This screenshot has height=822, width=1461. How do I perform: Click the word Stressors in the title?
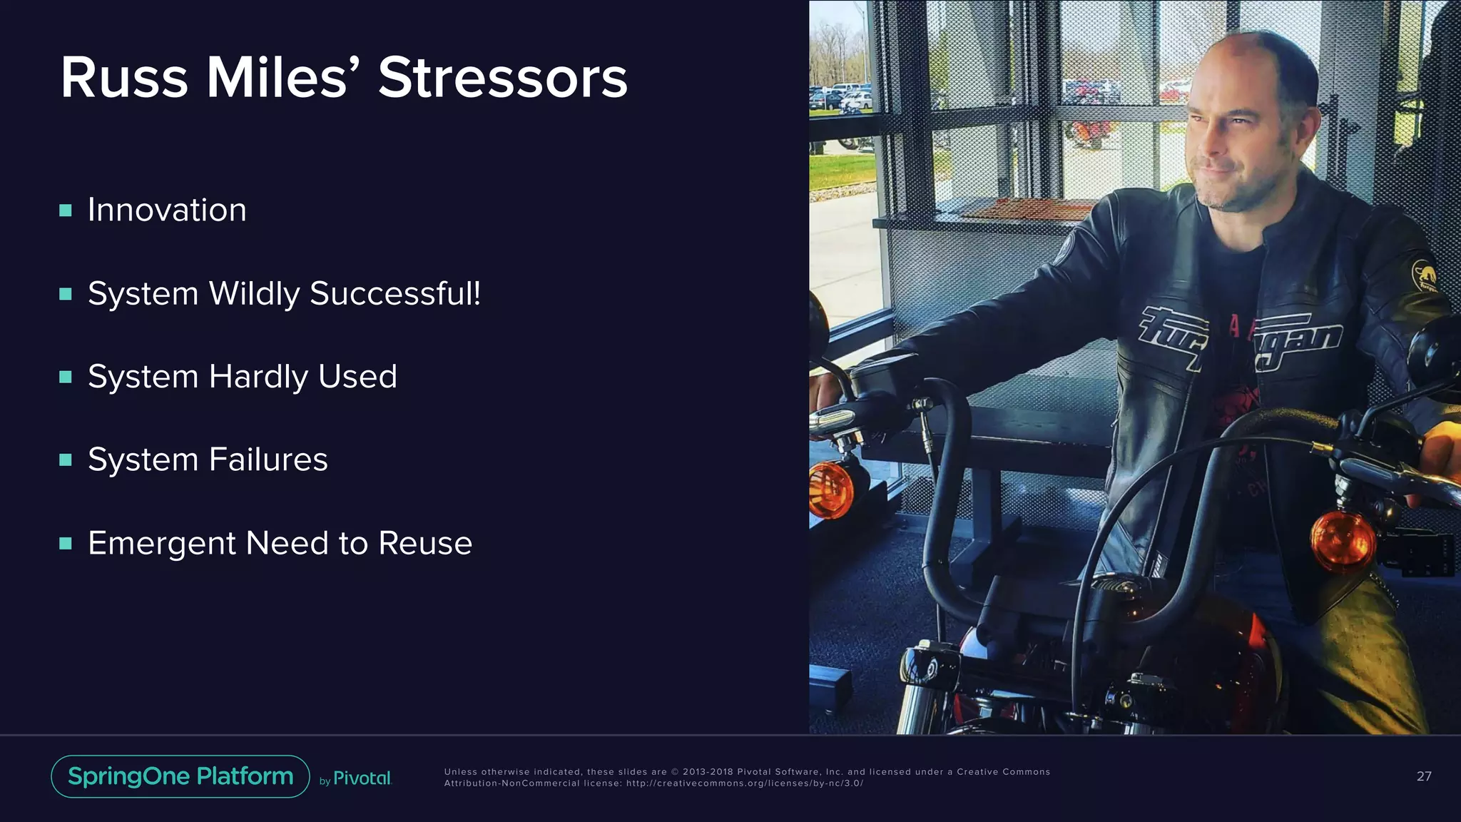(x=502, y=78)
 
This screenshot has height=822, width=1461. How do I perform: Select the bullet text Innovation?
(x=167, y=210)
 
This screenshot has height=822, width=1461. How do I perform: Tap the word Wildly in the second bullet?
(x=254, y=294)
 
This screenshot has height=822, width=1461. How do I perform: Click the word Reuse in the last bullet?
(x=425, y=543)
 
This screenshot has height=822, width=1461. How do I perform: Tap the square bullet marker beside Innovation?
(x=66, y=210)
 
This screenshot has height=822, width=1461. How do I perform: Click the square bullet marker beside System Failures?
(x=66, y=460)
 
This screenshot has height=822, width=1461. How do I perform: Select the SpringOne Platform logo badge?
(x=180, y=776)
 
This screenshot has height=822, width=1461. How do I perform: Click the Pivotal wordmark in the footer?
(x=362, y=778)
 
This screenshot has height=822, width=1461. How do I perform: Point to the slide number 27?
(x=1424, y=776)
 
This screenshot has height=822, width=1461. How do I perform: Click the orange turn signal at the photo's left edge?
(x=830, y=489)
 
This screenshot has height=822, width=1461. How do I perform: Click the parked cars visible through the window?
(x=840, y=98)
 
